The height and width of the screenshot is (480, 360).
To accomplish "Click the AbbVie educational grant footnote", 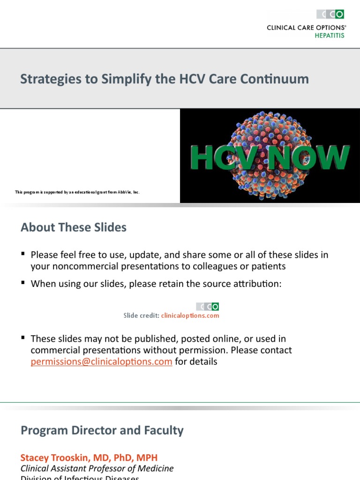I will tap(77, 192).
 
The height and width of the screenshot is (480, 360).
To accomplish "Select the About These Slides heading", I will tap(74, 228).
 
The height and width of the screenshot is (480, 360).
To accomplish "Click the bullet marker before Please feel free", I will tap(23, 255).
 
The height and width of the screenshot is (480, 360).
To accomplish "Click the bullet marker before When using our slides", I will tap(23, 284).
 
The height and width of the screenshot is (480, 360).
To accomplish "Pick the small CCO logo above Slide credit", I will tap(207, 307).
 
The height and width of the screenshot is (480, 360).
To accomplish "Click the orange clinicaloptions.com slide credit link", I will tap(190, 315).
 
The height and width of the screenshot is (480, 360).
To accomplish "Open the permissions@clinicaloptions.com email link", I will tap(101, 361).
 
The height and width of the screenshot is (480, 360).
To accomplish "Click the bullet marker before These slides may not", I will tap(23, 338).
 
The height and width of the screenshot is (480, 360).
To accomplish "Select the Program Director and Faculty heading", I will tap(102, 430).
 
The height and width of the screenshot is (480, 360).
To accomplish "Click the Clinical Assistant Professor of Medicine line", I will tap(97, 468).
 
